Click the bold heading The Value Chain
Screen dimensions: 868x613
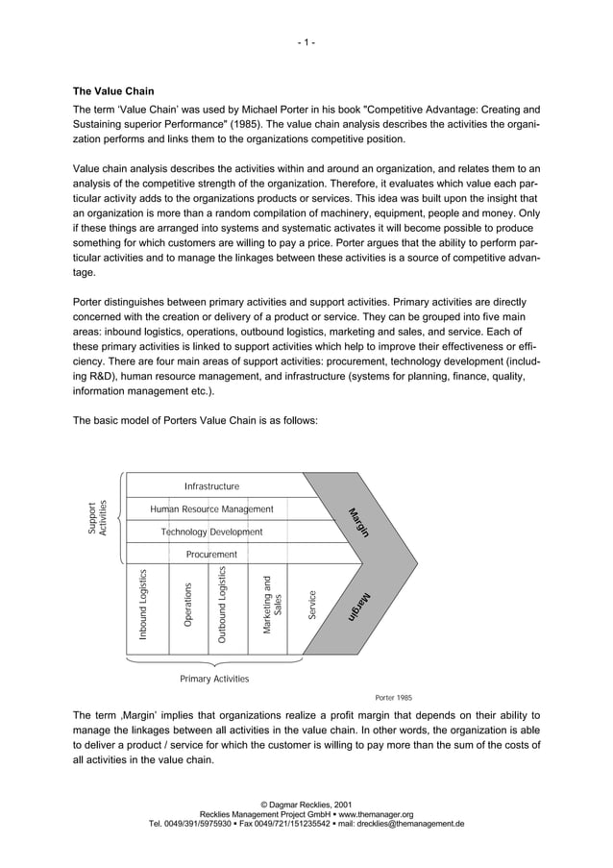pyautogui.click(x=113, y=91)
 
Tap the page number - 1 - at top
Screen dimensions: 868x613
pyautogui.click(x=306, y=42)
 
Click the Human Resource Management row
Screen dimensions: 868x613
pyautogui.click(x=211, y=508)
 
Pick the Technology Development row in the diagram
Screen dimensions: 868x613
pyautogui.click(x=211, y=532)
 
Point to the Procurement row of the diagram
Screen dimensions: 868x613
pyautogui.click(x=211, y=555)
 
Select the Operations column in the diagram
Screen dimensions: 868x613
pyautogui.click(x=187, y=606)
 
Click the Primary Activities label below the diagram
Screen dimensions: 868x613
pyautogui.click(x=214, y=679)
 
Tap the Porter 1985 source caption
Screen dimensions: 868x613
pyautogui.click(x=393, y=698)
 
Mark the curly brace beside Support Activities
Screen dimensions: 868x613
pyautogui.click(x=120, y=518)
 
